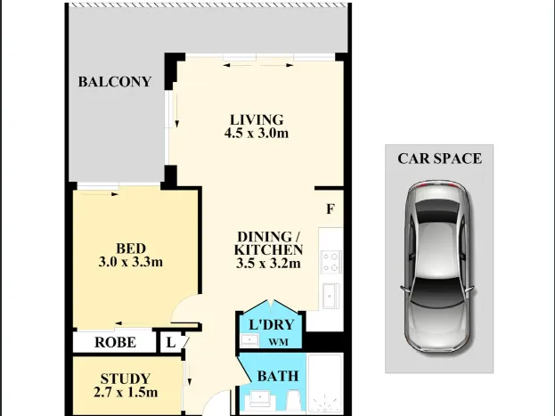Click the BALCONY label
[x=115, y=82]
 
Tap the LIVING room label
[x=257, y=119]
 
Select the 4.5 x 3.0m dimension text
[x=257, y=133]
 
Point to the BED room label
[x=131, y=249]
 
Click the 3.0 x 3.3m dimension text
[x=131, y=262]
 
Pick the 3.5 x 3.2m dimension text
[x=268, y=264]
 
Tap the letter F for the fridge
[x=331, y=209]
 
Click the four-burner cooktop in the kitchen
[x=331, y=262]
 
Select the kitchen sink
[x=331, y=296]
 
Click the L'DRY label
[x=272, y=324]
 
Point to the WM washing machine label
[x=278, y=342]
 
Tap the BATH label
[x=278, y=376]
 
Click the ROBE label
[x=115, y=342]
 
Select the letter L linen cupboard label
[x=171, y=343]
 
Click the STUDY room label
[x=126, y=379]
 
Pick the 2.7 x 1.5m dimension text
[x=126, y=392]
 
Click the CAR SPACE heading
[x=439, y=159]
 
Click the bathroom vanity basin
[x=262, y=398]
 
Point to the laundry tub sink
[x=250, y=340]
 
